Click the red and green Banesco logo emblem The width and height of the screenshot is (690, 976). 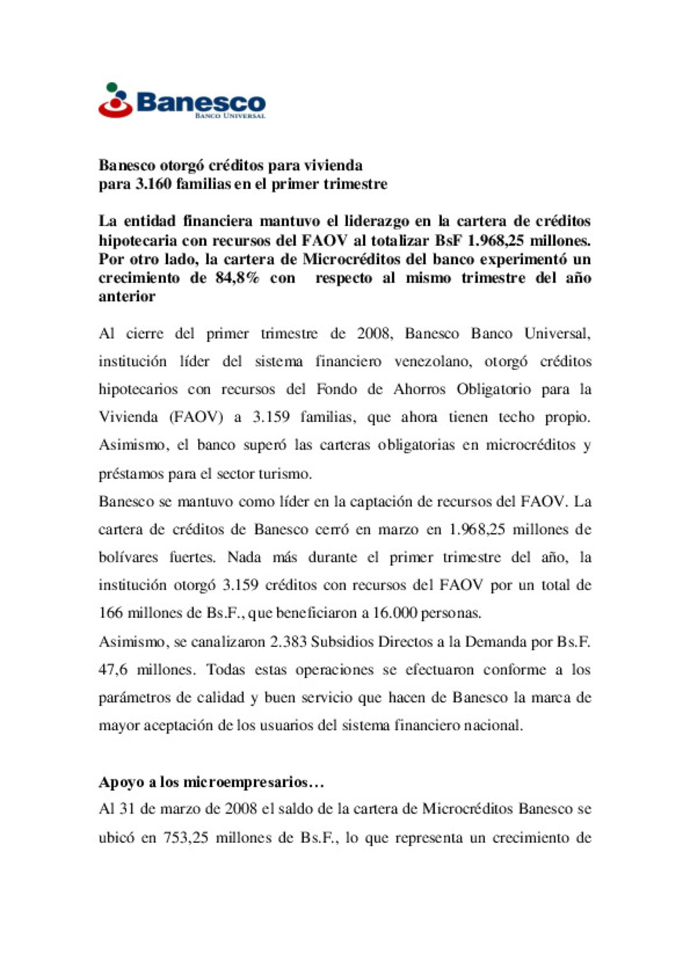[x=115, y=101]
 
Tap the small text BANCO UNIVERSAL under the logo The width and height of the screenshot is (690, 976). [x=229, y=116]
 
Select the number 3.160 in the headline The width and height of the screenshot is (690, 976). [x=153, y=184]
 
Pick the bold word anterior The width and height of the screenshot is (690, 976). [x=126, y=296]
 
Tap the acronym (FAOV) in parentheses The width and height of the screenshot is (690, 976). [x=196, y=417]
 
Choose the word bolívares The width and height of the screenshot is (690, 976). [x=128, y=557]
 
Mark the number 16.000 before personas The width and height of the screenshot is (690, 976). [x=394, y=613]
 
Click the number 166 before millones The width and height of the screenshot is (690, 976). [x=110, y=613]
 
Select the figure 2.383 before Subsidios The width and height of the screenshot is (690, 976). [x=287, y=642]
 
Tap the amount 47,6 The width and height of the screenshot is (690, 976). [x=112, y=670]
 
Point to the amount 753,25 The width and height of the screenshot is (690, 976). [x=186, y=837]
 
